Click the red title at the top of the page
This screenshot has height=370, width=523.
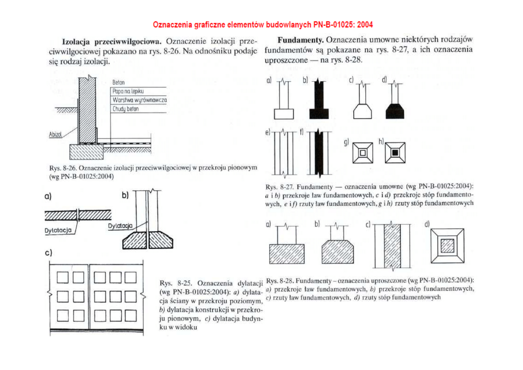263,24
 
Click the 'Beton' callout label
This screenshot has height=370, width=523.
118,83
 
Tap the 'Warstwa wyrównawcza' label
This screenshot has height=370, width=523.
139,100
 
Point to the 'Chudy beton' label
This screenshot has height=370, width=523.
125,109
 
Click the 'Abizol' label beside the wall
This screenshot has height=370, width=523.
55,135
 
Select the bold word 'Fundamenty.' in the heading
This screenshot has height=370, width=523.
301,40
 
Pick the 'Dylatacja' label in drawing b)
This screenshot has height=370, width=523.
120,226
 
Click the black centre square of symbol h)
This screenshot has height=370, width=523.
395,153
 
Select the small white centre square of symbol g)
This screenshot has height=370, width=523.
363,153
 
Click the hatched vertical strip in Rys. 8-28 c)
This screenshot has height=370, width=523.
392,247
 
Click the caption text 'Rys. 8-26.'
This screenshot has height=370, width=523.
63,168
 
